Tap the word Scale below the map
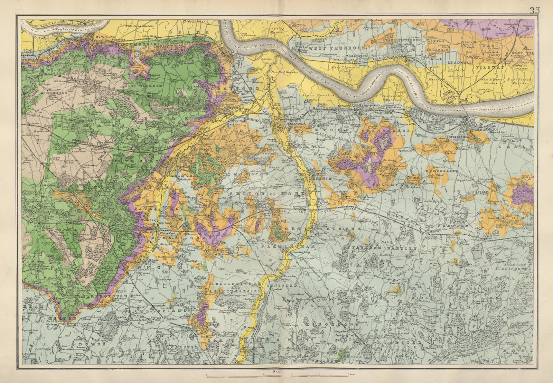click(276, 372)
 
